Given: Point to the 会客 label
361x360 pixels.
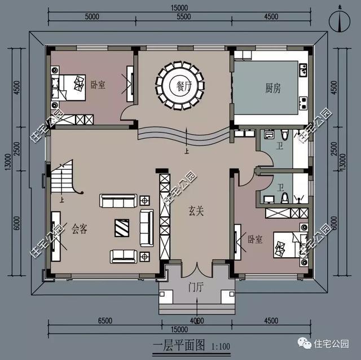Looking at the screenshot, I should click(x=80, y=229).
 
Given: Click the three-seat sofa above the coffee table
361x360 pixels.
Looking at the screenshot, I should click(x=118, y=200).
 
